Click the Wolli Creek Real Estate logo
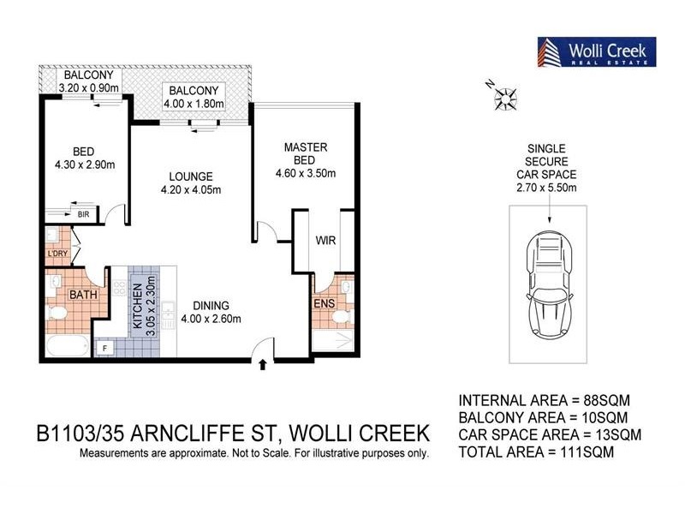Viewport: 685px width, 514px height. [596, 52]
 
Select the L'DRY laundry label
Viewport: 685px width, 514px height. [58, 254]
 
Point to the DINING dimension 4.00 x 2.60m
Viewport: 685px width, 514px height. [211, 320]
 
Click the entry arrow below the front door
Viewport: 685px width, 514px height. [262, 366]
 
